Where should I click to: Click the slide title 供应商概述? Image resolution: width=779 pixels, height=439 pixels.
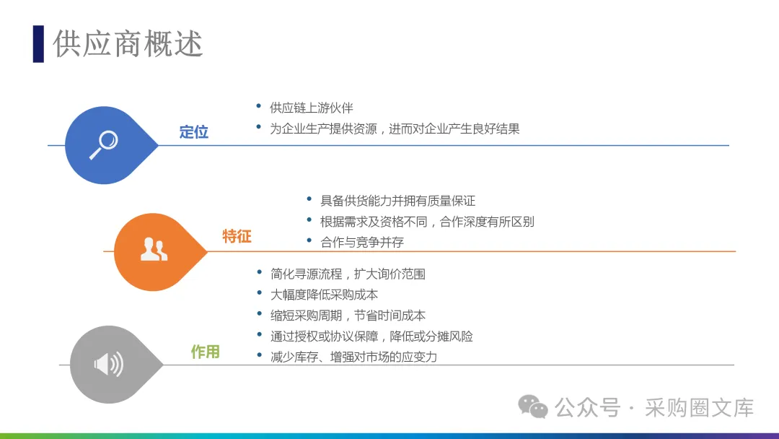click(128, 44)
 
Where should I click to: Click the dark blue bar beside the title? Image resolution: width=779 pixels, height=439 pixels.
click(38, 44)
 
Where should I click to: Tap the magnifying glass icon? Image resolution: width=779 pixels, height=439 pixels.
click(104, 144)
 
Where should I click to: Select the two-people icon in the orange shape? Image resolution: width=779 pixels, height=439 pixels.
click(154, 249)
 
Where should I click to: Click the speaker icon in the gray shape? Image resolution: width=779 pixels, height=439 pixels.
click(109, 365)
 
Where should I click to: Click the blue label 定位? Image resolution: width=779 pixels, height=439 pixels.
click(194, 132)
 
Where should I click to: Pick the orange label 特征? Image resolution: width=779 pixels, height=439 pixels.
click(237, 236)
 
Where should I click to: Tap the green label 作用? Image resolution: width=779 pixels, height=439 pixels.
click(205, 352)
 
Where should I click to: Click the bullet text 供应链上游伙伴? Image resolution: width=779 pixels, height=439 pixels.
click(311, 108)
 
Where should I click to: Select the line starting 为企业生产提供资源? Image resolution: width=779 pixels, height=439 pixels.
click(395, 129)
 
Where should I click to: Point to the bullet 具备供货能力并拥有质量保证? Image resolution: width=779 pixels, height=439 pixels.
click(397, 201)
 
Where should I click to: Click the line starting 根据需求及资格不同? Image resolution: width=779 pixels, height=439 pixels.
click(427, 222)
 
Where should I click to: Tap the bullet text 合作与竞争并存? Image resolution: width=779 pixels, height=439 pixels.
click(362, 242)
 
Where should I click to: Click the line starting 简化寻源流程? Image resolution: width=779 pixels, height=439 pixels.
click(348, 274)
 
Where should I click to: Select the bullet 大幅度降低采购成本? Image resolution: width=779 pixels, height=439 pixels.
click(324, 295)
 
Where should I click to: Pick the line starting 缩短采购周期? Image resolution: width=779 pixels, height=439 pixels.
click(348, 316)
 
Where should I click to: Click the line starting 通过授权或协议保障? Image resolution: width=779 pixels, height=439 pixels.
click(371, 336)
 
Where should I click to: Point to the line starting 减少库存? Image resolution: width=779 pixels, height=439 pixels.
click(353, 357)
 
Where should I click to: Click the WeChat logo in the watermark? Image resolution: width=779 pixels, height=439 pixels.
click(532, 407)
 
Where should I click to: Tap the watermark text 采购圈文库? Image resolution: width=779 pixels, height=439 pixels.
click(699, 408)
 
